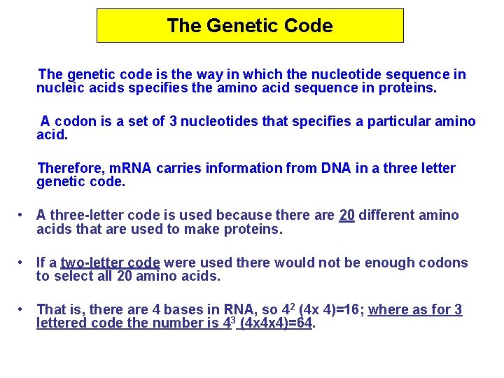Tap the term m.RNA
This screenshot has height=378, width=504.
pos(129,168)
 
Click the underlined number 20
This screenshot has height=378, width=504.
pos(346,215)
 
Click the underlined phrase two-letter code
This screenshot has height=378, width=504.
pos(111,263)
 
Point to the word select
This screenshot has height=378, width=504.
pos(72,276)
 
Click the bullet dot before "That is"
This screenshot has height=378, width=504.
pos(22,309)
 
